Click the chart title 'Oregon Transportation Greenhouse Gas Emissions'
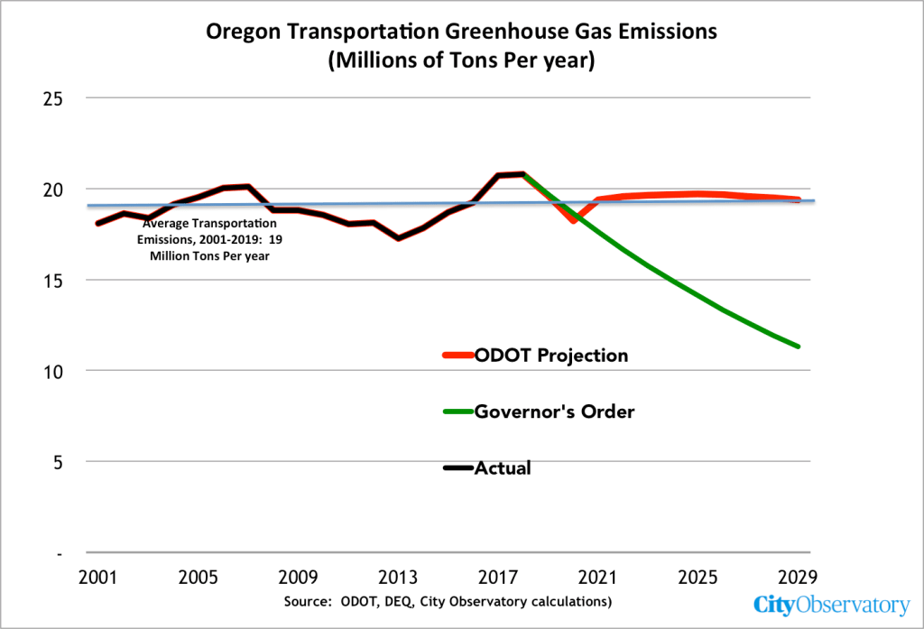(461, 32)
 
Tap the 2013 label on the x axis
(398, 577)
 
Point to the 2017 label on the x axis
(498, 577)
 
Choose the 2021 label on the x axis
(598, 577)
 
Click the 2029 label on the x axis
(798, 577)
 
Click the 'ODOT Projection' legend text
(550, 356)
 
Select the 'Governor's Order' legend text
(554, 412)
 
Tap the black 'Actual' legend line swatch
(457, 468)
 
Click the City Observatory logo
(831, 606)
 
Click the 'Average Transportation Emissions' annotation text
(209, 239)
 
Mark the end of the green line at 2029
(797, 346)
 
